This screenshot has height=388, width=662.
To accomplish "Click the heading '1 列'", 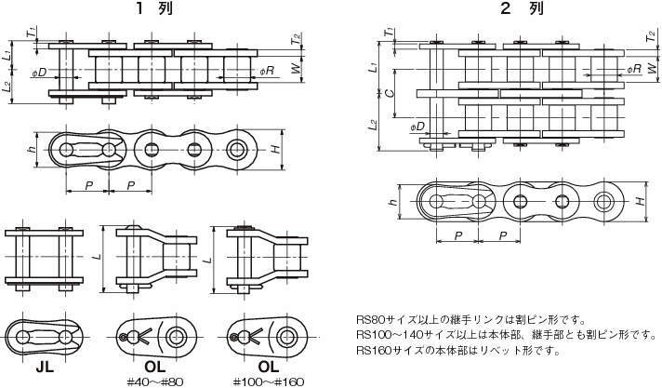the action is (x=154, y=8).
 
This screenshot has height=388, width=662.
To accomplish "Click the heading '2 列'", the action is (x=523, y=8).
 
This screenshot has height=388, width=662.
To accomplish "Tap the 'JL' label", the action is (x=45, y=368).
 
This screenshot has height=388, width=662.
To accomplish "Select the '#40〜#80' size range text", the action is (x=155, y=382).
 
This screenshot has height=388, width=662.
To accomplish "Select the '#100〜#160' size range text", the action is (x=269, y=382).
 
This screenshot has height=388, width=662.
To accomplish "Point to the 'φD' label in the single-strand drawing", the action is (x=39, y=73).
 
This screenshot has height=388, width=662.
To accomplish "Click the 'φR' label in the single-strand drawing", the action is (x=267, y=70).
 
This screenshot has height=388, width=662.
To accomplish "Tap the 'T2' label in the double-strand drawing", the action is (x=652, y=35).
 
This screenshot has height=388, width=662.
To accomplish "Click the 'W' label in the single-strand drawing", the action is (x=298, y=68).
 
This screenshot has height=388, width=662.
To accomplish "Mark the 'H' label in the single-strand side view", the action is (x=276, y=149).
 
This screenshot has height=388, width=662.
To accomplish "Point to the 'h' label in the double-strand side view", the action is (x=393, y=202).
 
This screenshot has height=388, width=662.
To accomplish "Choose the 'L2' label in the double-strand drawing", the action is (x=372, y=125).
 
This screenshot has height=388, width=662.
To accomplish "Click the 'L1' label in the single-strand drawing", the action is (x=7, y=55).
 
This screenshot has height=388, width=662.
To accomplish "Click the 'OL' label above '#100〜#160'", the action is (x=269, y=367).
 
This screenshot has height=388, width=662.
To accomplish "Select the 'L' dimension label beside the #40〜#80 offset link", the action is (x=98, y=256).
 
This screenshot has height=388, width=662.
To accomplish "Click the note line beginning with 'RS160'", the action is (x=458, y=351).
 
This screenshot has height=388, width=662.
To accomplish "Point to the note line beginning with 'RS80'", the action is (x=470, y=319).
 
